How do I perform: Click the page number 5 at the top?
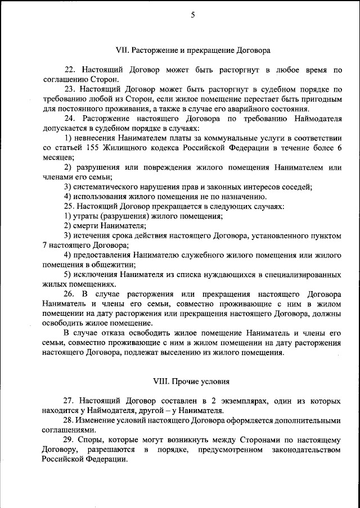coord(192,16)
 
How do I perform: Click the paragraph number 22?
coord(69,70)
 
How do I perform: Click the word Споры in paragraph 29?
coord(93,440)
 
